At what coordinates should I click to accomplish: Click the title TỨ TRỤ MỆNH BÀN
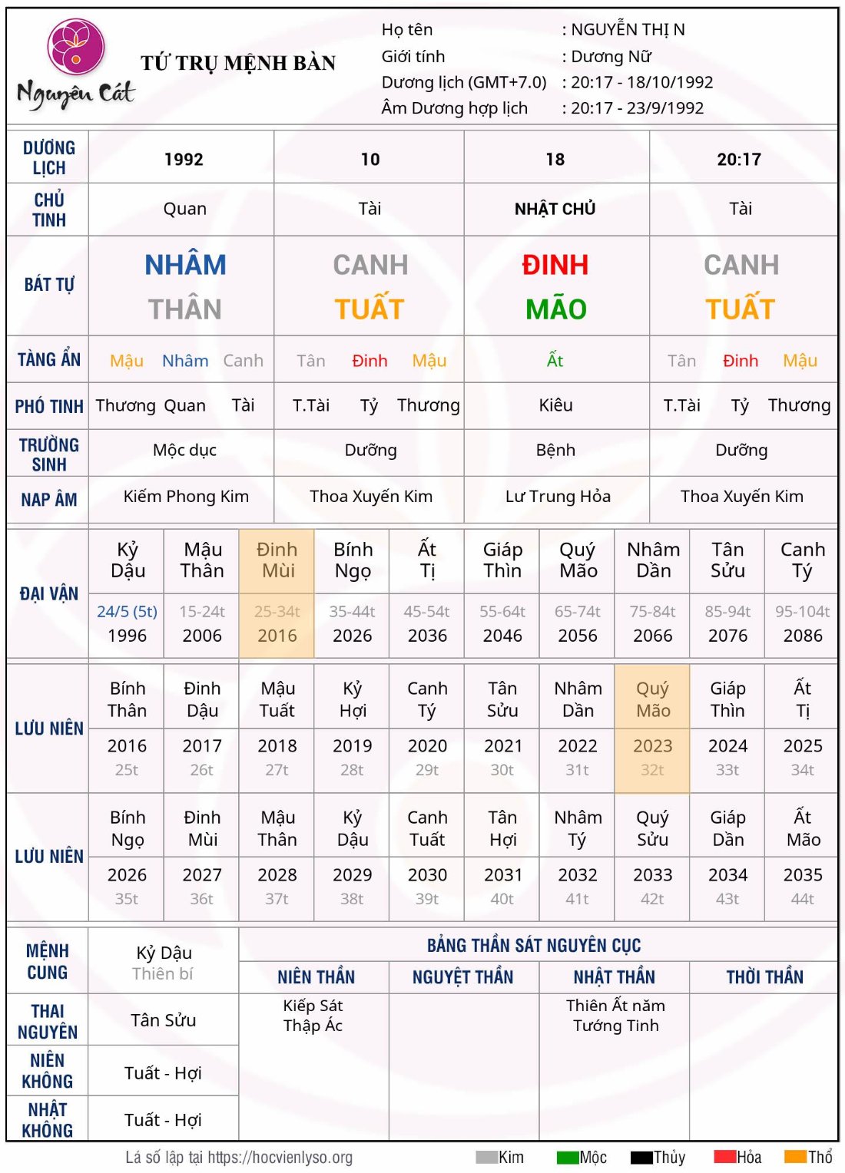[x=238, y=63]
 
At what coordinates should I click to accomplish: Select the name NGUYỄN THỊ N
[x=628, y=30]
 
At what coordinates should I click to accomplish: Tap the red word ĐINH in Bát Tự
[x=555, y=266]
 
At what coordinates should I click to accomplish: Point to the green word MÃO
[x=555, y=309]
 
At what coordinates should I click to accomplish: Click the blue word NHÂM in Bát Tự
[x=185, y=266]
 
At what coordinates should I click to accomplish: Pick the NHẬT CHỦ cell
[x=555, y=209]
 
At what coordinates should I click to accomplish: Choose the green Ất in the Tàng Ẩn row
[x=555, y=361]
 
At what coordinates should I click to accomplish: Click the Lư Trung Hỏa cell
[x=558, y=497]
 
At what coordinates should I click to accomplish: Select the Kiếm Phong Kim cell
[x=186, y=497]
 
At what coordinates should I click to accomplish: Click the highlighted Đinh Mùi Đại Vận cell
[x=277, y=560]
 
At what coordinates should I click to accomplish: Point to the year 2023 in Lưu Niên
[x=652, y=746]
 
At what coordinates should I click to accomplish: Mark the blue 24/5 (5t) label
[x=127, y=612]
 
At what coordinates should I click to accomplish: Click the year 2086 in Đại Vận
[x=802, y=636]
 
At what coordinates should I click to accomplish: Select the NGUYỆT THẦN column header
[x=462, y=977]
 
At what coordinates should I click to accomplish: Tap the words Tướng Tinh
[x=615, y=1026]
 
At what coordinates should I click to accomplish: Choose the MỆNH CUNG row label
[x=48, y=962]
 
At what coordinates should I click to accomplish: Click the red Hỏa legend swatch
[x=725, y=1157]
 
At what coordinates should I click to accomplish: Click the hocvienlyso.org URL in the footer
[x=280, y=1158]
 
